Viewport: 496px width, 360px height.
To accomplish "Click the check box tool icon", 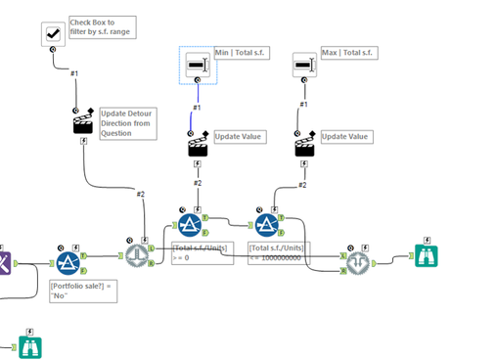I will point(53,34).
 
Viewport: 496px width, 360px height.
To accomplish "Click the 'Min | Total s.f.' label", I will point(246,51).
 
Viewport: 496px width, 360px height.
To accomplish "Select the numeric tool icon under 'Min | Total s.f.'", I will point(197,66).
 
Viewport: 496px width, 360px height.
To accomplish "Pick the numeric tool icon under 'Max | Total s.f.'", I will point(304,66).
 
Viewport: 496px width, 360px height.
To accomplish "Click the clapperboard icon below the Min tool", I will point(199,145).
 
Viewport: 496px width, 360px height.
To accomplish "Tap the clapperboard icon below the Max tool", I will point(305,145).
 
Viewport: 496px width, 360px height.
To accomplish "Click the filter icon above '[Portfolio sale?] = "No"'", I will point(68,262).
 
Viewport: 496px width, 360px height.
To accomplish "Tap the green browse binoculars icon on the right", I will point(426,256).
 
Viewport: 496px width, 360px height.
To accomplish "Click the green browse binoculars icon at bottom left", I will point(28,346).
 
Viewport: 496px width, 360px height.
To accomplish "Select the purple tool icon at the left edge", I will point(4,261).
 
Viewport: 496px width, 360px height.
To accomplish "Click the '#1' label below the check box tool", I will point(74,72).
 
